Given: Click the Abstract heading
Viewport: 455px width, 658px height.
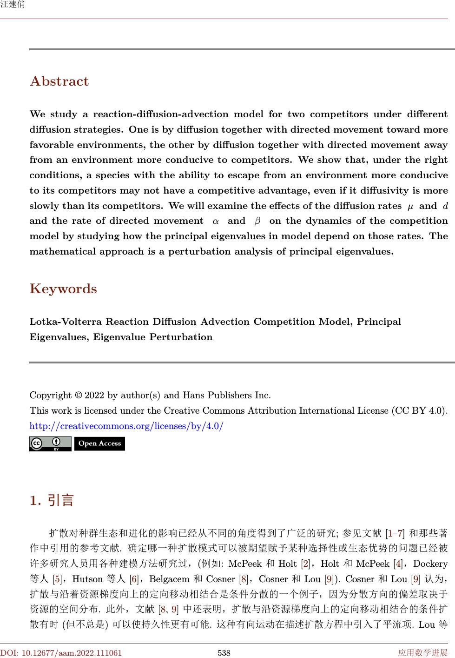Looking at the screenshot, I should pyautogui.click(x=59, y=81).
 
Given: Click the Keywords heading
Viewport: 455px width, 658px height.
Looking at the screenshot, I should pyautogui.click(x=63, y=289).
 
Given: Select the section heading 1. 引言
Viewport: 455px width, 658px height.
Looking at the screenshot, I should pyautogui.click(x=52, y=501).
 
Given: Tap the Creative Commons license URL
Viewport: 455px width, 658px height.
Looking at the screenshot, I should pyautogui.click(x=126, y=426).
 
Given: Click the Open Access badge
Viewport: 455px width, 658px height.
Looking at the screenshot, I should pyautogui.click(x=99, y=443).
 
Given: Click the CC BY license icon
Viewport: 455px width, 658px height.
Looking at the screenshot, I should pyautogui.click(x=50, y=443).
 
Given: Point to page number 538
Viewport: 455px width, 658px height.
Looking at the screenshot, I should pyautogui.click(x=224, y=653).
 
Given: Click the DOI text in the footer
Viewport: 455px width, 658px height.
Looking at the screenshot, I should pyautogui.click(x=61, y=653).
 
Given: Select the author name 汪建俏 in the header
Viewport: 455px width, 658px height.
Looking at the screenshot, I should pyautogui.click(x=13, y=5).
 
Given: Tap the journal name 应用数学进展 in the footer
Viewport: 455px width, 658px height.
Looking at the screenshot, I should pyautogui.click(x=422, y=653).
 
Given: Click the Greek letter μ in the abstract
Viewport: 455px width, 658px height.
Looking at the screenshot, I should pyautogui.click(x=410, y=206).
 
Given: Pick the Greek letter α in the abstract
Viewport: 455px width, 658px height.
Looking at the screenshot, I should pyautogui.click(x=215, y=221).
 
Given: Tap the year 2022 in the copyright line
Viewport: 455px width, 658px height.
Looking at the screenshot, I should pyautogui.click(x=94, y=396).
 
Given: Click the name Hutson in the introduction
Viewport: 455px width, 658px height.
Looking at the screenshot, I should pyautogui.click(x=87, y=579).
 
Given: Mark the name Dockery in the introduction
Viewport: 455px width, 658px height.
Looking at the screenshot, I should pyautogui.click(x=430, y=564).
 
